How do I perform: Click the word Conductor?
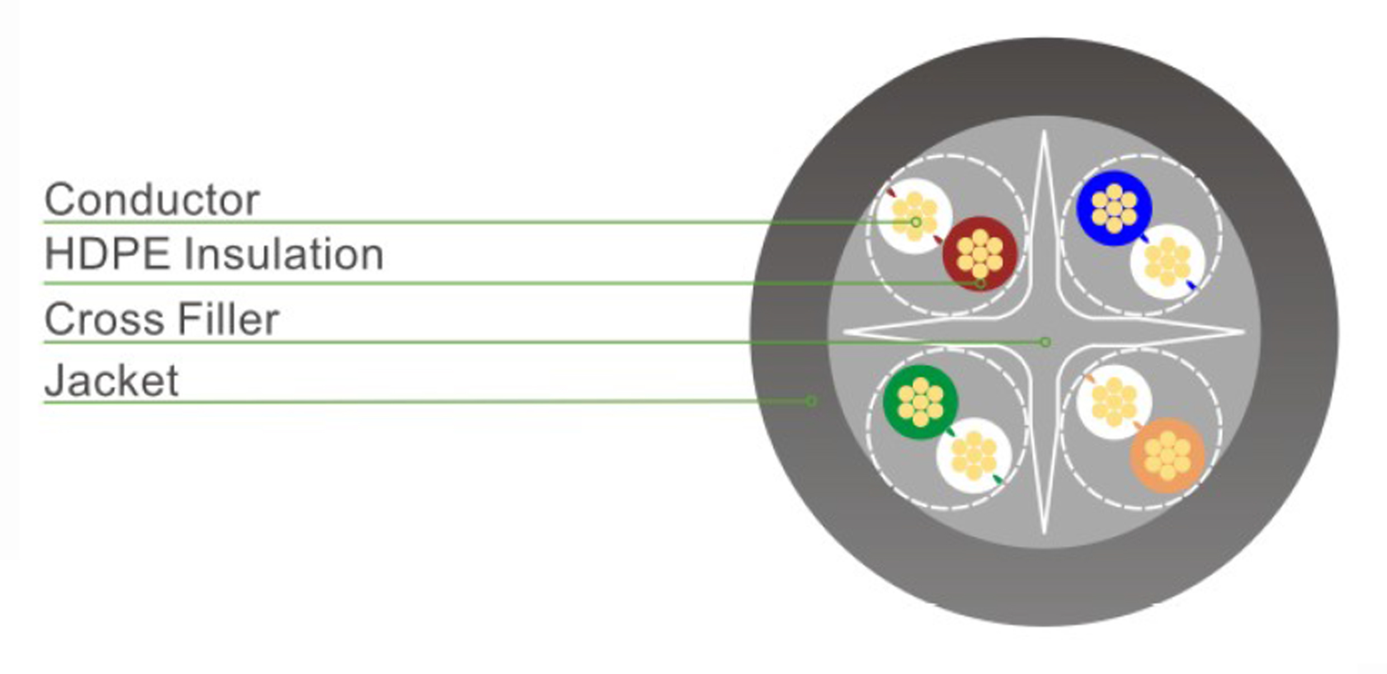pos(152,200)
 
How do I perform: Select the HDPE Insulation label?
pos(214,254)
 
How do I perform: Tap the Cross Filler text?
pos(162,319)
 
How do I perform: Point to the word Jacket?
pos(111,381)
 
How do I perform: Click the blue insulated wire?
pos(1114,208)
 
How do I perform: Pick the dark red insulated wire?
pos(979,254)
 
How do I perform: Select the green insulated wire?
pos(920,402)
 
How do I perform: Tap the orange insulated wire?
pos(1167,455)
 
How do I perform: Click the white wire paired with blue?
pos(1167,262)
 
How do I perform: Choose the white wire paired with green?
pos(974,455)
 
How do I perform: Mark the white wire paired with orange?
pos(1114,402)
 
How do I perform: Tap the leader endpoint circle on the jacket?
pos(811,401)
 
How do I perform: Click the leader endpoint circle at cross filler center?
pos(1045,342)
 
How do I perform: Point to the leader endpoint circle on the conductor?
pos(916,222)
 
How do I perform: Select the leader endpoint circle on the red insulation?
pos(980,284)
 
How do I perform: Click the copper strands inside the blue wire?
pos(1114,208)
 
